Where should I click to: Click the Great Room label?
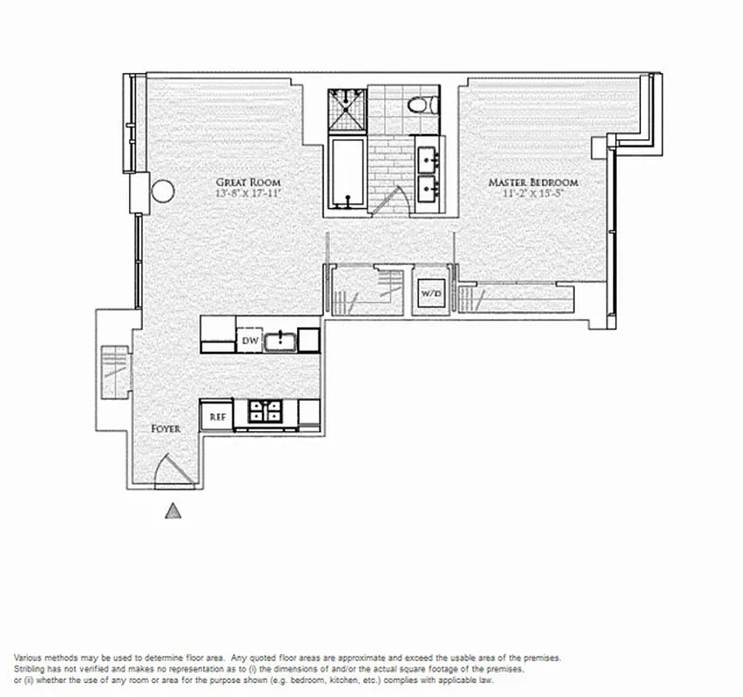249,183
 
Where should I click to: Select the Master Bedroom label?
532,183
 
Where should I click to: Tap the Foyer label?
165,429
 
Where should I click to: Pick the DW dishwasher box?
249,341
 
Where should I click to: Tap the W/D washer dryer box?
430,294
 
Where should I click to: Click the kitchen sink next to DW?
279,339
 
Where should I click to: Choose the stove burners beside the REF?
264,410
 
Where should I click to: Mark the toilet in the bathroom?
421,105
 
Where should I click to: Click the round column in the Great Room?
163,190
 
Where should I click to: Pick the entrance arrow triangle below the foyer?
173,511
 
